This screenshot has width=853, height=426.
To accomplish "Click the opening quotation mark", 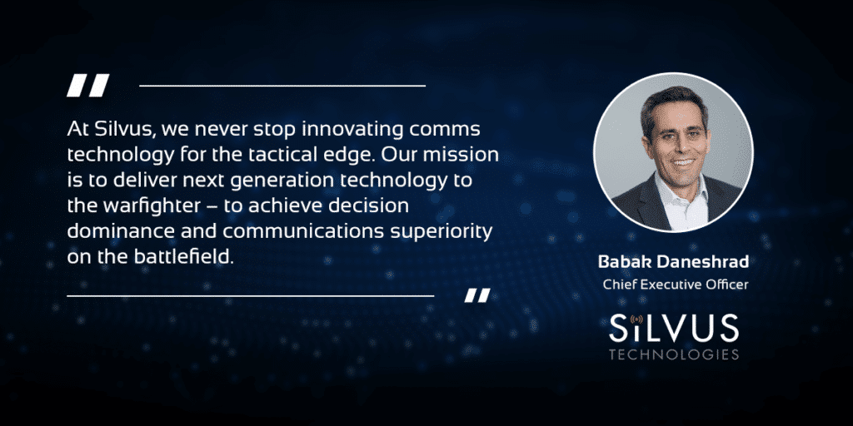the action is click(x=87, y=86).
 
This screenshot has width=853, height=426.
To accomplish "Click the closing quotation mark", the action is click(x=477, y=295).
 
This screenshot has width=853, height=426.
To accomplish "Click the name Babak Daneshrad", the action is click(x=673, y=262).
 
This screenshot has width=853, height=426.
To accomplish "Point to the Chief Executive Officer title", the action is click(x=675, y=285).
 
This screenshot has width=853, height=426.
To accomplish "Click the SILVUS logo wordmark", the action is click(x=673, y=329).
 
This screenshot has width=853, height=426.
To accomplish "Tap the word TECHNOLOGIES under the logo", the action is click(x=673, y=354).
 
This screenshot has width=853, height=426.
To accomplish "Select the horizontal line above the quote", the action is click(x=282, y=86).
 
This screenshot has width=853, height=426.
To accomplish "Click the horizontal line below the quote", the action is click(x=250, y=296).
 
